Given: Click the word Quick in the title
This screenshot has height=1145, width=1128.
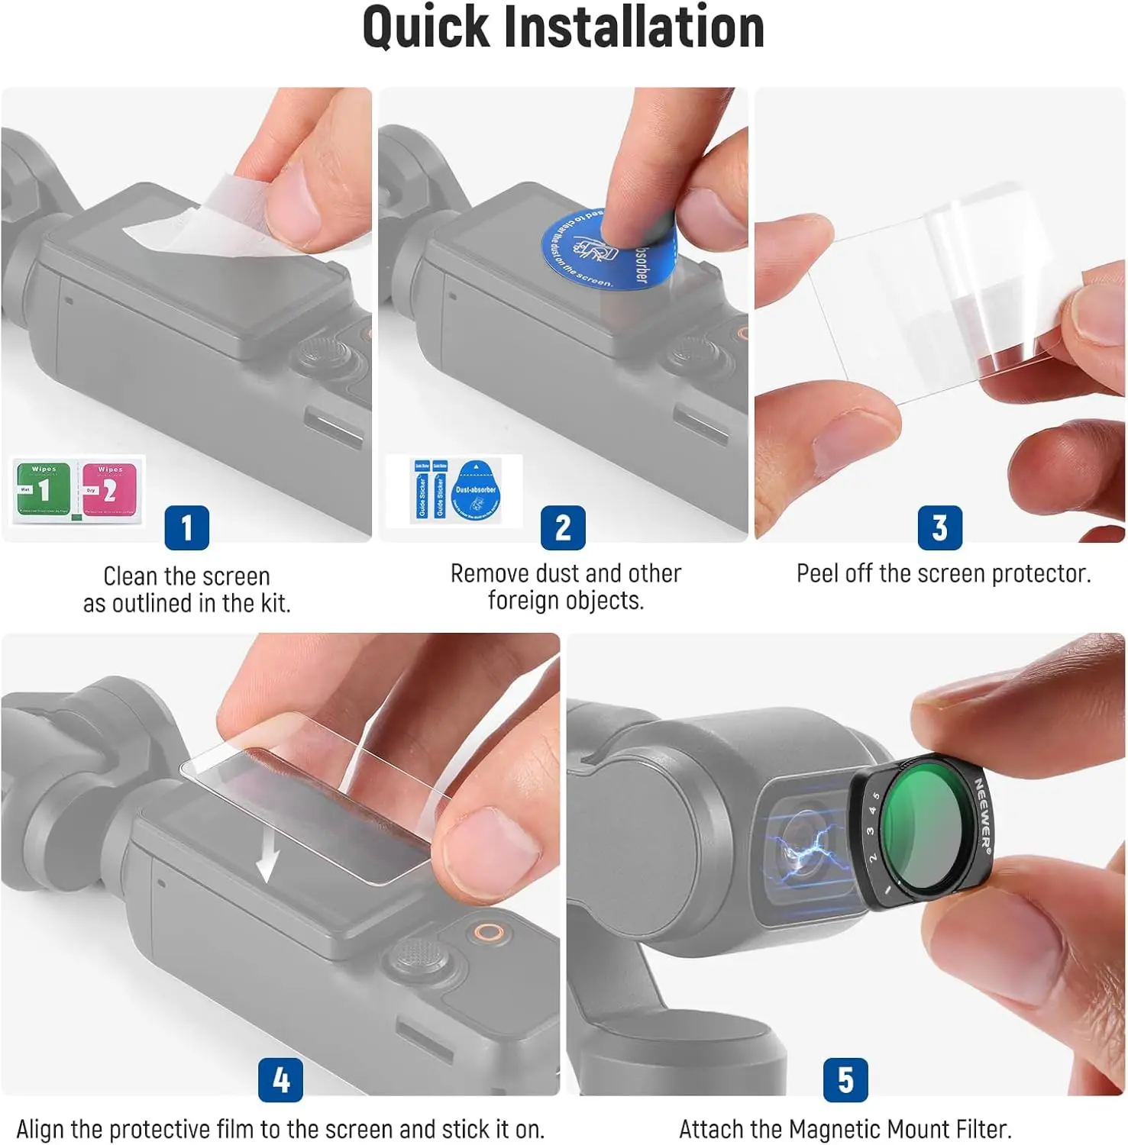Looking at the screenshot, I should click(x=425, y=28).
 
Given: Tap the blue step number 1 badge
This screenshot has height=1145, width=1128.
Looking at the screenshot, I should click(x=186, y=527).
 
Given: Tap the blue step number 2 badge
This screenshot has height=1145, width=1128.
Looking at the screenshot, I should click(x=563, y=527).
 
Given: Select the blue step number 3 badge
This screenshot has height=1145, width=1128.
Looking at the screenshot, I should click(x=939, y=527).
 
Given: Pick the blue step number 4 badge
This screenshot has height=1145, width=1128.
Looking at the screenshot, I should click(x=280, y=1079).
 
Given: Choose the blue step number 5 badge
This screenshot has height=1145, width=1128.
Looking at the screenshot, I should click(x=845, y=1079).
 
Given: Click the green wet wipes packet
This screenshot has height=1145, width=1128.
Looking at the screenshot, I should click(x=44, y=489).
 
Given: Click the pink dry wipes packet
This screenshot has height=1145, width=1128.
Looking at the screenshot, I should click(x=109, y=489).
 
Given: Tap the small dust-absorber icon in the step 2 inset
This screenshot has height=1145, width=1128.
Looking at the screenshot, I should click(x=476, y=492).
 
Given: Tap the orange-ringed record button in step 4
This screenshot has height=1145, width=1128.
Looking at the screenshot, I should click(x=486, y=932).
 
